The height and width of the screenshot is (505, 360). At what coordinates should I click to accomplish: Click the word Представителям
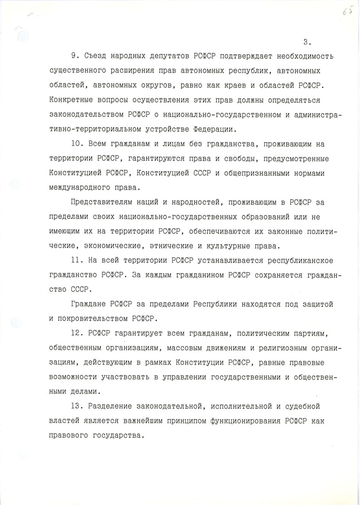(x=100, y=203)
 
